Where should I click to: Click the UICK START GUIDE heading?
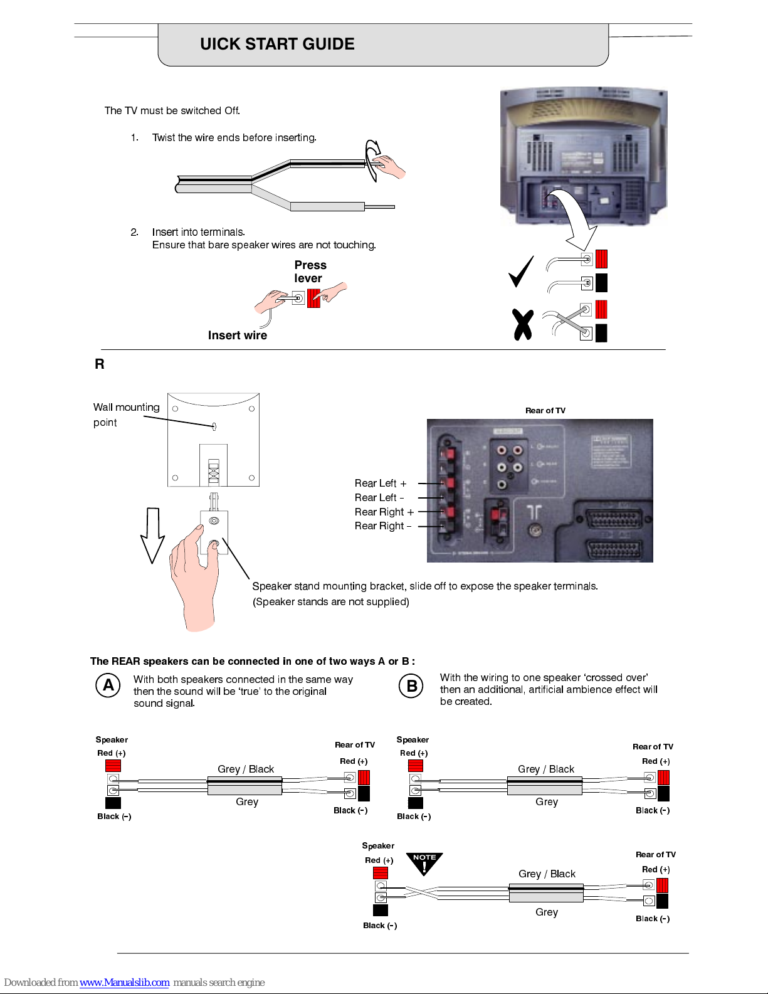277,44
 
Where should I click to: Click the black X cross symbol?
522,324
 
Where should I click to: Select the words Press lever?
310,272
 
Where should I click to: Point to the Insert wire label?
237,336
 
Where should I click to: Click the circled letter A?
108,685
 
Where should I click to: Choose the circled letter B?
411,685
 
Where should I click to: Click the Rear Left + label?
381,484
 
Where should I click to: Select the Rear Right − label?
383,526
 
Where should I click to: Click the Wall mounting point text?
126,415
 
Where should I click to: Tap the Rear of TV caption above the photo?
545,411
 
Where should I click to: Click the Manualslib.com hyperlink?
124,983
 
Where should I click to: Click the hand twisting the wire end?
389,166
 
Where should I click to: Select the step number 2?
134,232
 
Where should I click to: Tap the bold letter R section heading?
99,364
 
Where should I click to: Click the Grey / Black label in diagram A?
246,769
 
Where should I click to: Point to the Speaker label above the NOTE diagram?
378,846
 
